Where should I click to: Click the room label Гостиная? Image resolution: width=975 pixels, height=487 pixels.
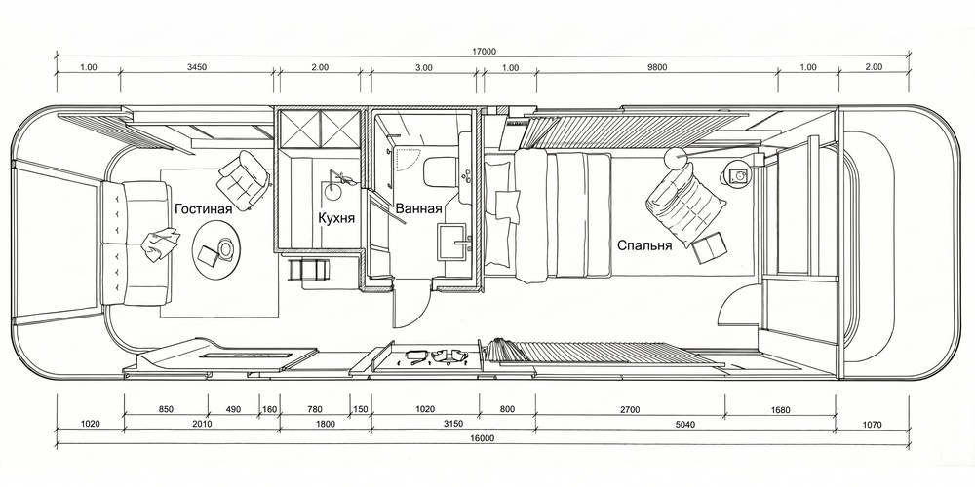point(204,208)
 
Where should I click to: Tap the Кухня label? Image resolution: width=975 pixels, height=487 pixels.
point(336,218)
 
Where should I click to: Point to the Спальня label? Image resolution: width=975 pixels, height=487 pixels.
point(644,245)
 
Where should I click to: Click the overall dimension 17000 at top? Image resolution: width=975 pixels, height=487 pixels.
point(484,52)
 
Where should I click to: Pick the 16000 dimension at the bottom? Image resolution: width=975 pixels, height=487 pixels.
point(483,438)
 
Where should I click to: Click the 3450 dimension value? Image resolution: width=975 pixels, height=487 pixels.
point(197,68)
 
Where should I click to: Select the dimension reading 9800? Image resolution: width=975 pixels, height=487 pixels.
point(656,68)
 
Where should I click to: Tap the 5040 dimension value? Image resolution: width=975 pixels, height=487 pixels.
point(685,425)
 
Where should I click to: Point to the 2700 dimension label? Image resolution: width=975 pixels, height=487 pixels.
point(629,409)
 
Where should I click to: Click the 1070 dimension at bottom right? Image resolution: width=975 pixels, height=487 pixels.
point(873,425)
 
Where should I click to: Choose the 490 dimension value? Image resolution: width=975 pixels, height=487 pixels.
point(233,409)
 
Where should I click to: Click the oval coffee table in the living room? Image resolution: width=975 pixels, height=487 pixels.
point(216,250)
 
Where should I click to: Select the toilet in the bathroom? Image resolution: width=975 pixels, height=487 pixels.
point(442,170)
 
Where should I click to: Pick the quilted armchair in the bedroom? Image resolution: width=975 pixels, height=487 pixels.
point(685,200)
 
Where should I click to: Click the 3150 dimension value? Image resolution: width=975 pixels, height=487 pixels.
point(452,425)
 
